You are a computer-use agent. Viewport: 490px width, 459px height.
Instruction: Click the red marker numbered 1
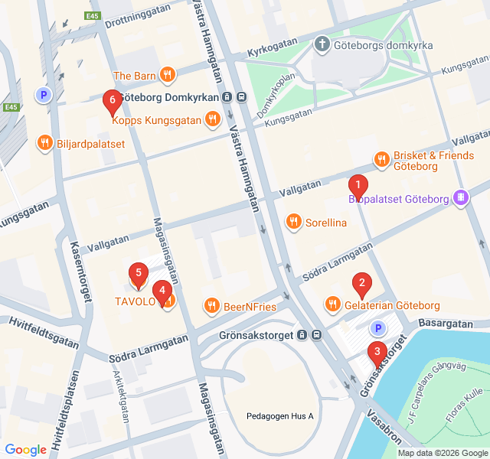pos(358,185)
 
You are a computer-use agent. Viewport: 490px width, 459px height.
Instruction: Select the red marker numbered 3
pos(377,352)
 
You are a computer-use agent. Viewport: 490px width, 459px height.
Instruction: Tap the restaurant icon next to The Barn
pos(168,75)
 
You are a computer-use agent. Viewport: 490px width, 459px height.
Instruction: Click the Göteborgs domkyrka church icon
pos(322,45)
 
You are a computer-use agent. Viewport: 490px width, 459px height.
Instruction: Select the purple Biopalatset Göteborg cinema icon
pos(460,199)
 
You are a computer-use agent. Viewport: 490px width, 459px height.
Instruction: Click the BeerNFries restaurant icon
pos(211,306)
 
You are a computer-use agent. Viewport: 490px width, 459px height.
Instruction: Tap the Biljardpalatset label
pos(90,142)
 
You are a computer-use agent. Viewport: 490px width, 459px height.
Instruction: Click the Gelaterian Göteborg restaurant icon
pos(332,304)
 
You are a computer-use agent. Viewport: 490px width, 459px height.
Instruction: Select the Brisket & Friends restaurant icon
pos(381,159)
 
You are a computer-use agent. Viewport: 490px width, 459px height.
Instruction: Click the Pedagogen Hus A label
pos(280,416)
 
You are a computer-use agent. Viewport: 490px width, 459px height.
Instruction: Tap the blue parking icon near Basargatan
pos(377,328)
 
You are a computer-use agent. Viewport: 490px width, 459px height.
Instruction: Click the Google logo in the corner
pos(25,450)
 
